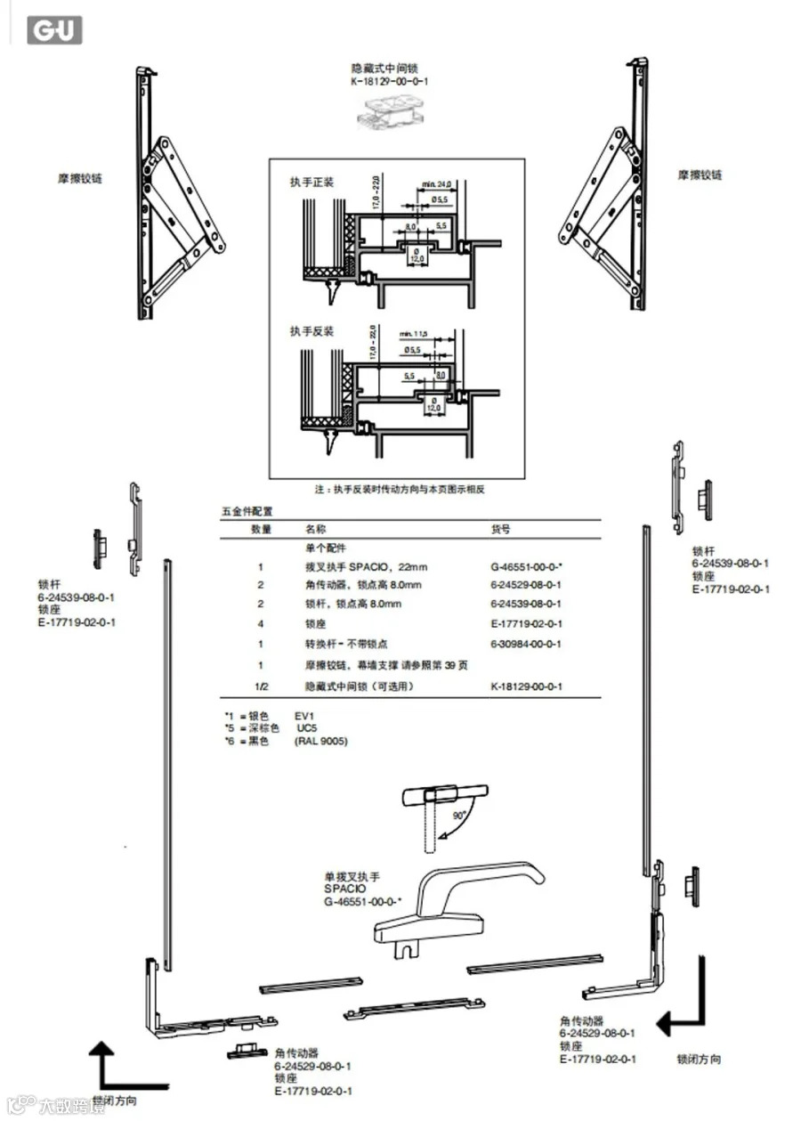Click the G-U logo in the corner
[56, 30]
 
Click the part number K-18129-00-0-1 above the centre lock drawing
[390, 82]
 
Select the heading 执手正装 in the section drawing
[311, 182]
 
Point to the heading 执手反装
[311, 330]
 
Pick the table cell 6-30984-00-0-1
[526, 643]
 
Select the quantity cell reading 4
[261, 623]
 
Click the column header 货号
[501, 529]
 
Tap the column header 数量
[261, 529]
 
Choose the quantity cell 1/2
[261, 686]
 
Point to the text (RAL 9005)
[321, 741]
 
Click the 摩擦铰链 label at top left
[80, 178]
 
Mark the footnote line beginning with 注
[399, 489]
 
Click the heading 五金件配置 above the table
[247, 512]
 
